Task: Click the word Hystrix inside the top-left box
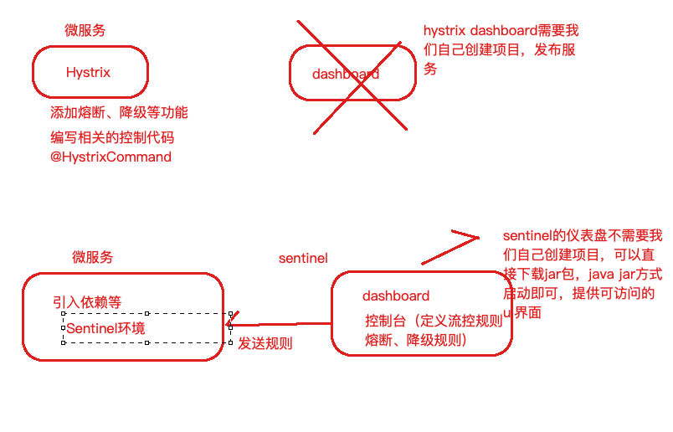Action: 88,73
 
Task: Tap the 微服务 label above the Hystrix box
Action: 85,31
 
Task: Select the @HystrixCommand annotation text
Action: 110,157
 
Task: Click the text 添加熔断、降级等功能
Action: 119,113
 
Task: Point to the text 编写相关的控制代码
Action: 112,137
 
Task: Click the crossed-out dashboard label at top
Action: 345,74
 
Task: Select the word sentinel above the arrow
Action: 303,259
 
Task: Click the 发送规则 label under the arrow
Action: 265,343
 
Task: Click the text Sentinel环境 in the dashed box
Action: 105,328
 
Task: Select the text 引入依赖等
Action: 86,302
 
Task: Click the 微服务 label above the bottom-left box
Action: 92,257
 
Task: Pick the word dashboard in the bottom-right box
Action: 396,296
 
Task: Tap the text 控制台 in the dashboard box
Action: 384,320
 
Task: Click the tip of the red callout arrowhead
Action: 479,238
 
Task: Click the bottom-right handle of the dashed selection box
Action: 231,342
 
